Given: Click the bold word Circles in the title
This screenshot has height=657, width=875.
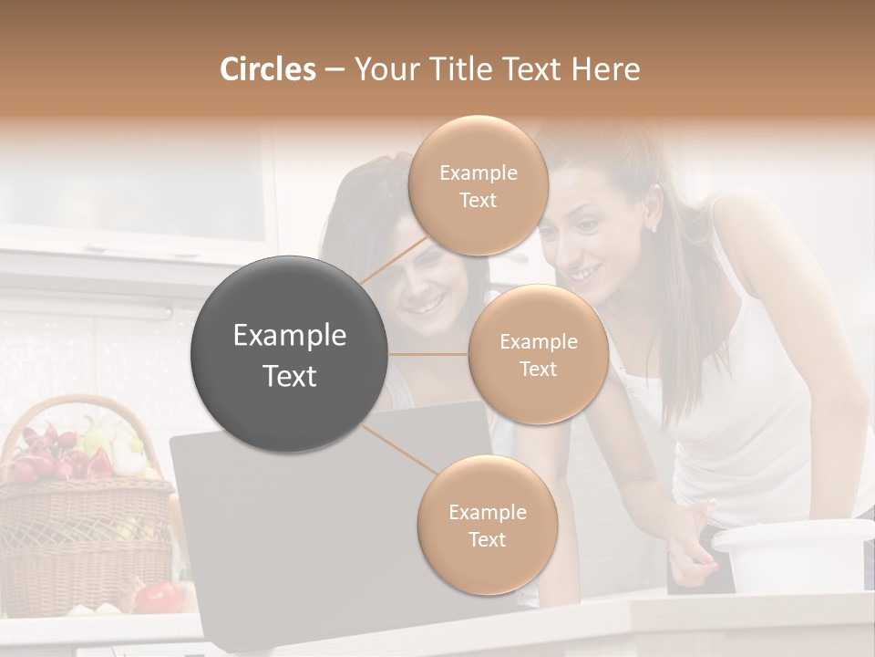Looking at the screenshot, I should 267,69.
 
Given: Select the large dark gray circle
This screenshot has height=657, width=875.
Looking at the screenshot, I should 290,354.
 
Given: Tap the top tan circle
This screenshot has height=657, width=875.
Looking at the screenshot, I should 478,185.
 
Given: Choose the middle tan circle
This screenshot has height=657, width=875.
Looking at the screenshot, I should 538,354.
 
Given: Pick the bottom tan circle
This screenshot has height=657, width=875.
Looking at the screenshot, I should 487,525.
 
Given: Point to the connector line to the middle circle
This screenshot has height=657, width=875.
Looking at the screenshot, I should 428,354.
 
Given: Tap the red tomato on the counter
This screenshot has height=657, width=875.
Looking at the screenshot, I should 159,597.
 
